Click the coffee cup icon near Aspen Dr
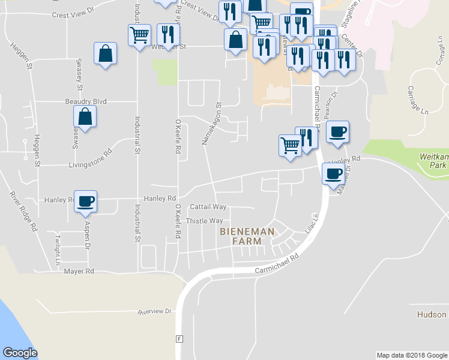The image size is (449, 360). pos(85,201)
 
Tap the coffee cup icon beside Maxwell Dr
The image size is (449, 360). pos(334,174)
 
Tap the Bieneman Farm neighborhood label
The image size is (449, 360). pos(247,236)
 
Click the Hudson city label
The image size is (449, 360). pos(432,314)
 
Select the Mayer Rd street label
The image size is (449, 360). pos(79,271)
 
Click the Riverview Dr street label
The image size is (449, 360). pos(154,312)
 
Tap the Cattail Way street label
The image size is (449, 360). pos(208,206)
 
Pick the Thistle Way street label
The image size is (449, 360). pos(205,221)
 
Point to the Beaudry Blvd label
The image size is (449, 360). pos(85,102)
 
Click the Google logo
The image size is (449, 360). pos(20,353)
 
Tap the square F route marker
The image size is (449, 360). pos(178,338)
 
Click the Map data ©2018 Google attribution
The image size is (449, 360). pos(411,355)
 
